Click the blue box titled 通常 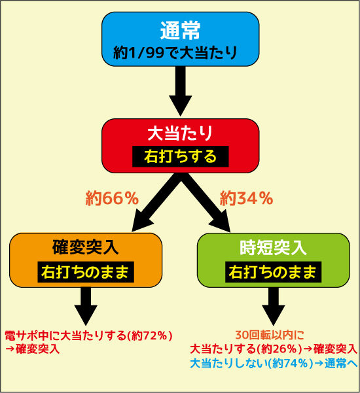180,39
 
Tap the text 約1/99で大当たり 175,53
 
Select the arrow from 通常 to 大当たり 181,92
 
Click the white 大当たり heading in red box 180,133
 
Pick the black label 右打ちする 181,156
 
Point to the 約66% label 112,198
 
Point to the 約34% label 246,198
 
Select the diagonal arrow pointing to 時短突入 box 204,203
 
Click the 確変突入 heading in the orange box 86,247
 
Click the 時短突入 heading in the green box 273,247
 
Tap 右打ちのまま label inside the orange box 86,272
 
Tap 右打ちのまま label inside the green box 273,272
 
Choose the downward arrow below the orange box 86,306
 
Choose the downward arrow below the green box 274,306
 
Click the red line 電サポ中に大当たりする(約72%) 89,335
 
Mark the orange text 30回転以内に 270,335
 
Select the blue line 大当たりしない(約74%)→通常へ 274,364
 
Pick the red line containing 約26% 274,349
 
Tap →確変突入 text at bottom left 32,349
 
